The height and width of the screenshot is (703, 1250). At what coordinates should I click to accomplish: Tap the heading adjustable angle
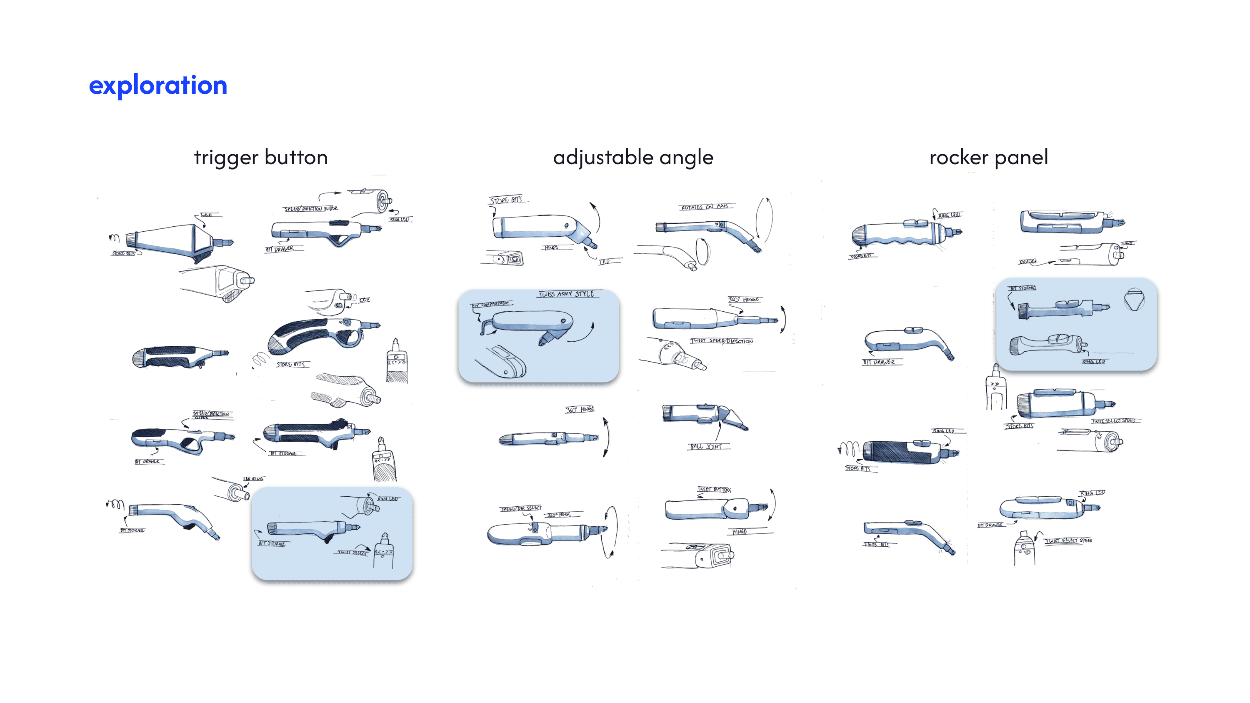coord(633,158)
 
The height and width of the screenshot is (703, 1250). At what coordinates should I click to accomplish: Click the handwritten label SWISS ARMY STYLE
coord(567,294)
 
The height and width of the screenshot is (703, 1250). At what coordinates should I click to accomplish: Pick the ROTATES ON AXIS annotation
coord(704,207)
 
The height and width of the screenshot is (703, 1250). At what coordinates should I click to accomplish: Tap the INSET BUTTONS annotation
coord(714,490)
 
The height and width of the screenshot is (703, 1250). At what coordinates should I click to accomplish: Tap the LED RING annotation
coord(253,479)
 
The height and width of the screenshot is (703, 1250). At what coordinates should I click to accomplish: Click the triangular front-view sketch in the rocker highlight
coord(1134,300)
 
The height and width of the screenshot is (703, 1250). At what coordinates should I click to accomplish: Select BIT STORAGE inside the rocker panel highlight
coord(1022,288)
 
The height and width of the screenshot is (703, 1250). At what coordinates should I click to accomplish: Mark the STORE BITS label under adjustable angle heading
coord(506,200)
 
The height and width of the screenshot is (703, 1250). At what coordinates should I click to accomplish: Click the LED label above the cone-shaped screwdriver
coord(206,215)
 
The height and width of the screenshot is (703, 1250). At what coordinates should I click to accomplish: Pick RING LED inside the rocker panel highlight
coord(1093,361)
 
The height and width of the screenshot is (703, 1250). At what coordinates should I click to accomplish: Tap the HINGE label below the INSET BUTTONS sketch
coord(740,532)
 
